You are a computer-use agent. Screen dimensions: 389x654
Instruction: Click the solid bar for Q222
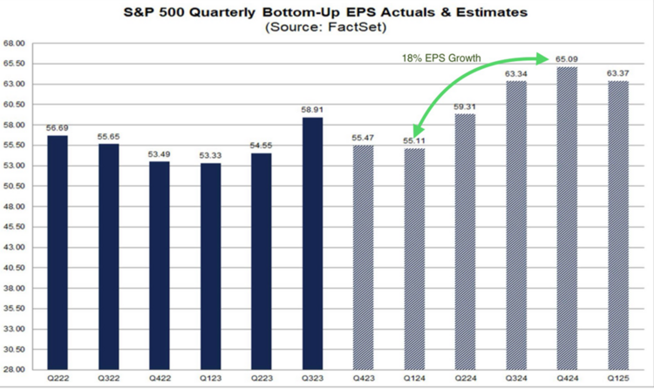58,252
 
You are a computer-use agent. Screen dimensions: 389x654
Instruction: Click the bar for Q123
210,266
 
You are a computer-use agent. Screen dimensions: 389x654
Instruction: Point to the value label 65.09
565,59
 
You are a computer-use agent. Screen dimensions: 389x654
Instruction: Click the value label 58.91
312,110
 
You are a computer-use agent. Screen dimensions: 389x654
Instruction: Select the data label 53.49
159,154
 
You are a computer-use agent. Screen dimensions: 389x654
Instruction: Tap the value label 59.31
465,106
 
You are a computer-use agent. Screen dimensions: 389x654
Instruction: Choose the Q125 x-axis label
618,379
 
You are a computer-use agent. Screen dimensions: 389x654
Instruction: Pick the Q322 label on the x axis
108,379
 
